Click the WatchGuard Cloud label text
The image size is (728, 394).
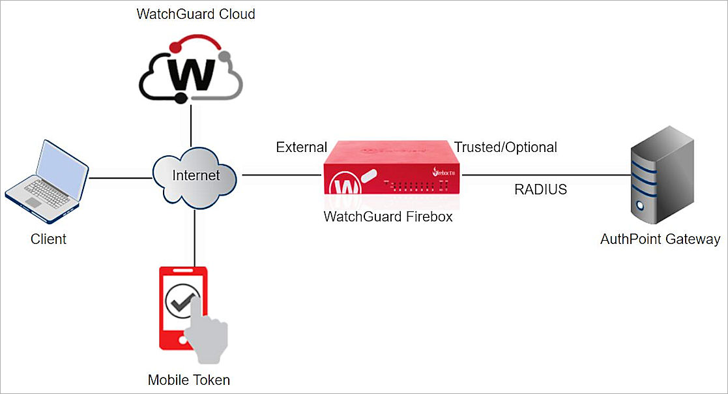pyautogui.click(x=196, y=14)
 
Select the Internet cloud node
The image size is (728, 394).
pyautogui.click(x=196, y=175)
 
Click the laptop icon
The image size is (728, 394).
pyautogui.click(x=47, y=177)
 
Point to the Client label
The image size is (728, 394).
pyautogui.click(x=48, y=239)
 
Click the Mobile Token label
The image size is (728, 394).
pyautogui.click(x=189, y=380)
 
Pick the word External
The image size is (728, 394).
pyautogui.click(x=301, y=147)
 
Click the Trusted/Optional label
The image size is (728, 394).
pyautogui.click(x=506, y=147)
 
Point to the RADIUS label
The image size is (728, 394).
pyautogui.click(x=540, y=190)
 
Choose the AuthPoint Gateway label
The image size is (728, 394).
pyautogui.click(x=660, y=239)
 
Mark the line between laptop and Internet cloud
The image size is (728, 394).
pyautogui.click(x=121, y=177)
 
